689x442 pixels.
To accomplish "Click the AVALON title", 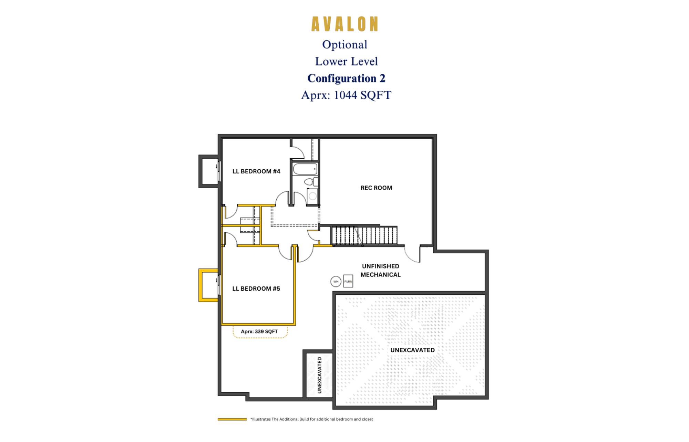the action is point(345,24).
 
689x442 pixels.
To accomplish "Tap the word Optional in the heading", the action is point(344,45).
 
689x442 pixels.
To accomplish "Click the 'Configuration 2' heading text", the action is point(346,78).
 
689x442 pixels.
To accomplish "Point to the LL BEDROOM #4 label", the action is point(256,171).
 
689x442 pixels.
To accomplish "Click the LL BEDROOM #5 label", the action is point(256,289).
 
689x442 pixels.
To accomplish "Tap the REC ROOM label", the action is point(376,188).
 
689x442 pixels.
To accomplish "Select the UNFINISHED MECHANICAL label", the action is point(381,270).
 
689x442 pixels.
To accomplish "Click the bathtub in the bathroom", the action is point(305,169).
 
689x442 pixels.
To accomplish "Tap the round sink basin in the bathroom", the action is point(312,196).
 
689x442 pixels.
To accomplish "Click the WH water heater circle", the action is point(336,282).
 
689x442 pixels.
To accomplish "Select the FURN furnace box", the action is point(348,281).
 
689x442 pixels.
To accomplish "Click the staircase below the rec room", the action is point(364,235).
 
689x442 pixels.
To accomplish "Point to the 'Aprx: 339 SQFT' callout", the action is point(260,332).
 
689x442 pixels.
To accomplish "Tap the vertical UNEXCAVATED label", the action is point(319,375).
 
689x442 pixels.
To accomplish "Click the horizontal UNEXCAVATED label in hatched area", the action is point(412,350).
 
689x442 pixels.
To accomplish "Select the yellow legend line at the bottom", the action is point(232,419).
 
